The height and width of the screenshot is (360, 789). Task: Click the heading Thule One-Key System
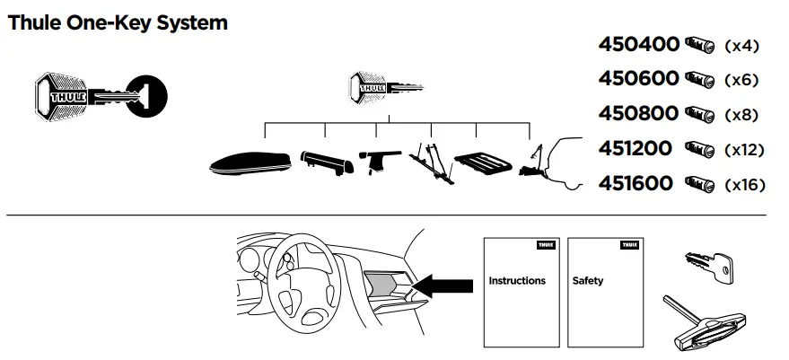point(117,22)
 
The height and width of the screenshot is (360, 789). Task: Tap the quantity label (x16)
point(744,185)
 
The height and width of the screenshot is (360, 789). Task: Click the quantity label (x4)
point(741,46)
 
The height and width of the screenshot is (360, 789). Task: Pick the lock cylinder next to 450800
point(701,114)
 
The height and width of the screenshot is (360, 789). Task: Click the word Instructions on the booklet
point(516,281)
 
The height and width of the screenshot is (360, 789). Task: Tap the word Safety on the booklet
point(588,281)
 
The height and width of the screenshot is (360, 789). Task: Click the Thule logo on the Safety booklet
point(628,244)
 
